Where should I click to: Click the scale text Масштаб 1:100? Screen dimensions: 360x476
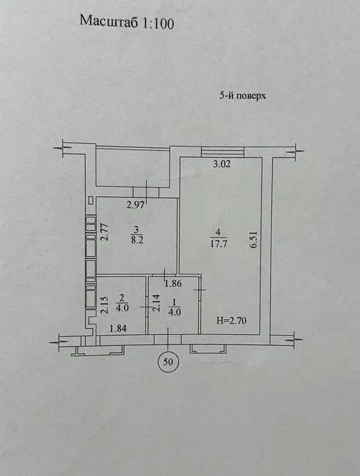(x=127, y=22)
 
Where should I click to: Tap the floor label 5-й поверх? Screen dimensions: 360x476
(x=243, y=96)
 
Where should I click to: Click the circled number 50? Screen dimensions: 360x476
(x=168, y=362)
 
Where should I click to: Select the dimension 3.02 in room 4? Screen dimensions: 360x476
(x=222, y=164)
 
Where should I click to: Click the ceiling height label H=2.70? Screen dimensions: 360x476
(x=232, y=320)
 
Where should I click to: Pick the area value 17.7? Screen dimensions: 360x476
(x=218, y=244)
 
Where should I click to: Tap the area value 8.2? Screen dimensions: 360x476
(x=137, y=240)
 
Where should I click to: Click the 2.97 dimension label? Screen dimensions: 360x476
(x=135, y=205)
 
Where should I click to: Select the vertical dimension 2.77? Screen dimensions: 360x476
(x=104, y=232)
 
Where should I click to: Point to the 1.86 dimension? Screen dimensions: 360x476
(x=173, y=283)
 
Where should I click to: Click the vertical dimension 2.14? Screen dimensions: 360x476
(x=156, y=303)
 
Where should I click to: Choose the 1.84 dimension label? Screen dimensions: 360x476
(x=118, y=328)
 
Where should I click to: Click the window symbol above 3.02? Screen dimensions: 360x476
(x=223, y=151)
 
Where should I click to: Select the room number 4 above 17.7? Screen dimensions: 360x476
(x=218, y=232)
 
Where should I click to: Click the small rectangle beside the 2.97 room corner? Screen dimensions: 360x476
(x=91, y=200)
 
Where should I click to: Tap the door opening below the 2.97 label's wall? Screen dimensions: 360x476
(x=146, y=193)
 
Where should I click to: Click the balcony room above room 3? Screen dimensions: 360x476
(x=133, y=168)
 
